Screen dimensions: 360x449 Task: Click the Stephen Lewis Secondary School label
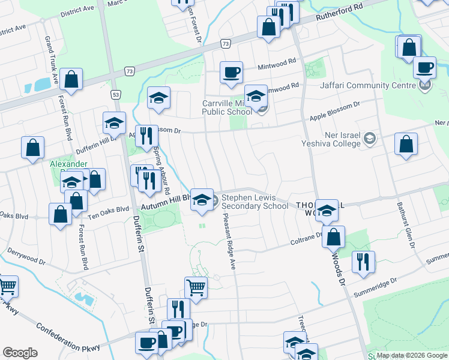click(x=255, y=201)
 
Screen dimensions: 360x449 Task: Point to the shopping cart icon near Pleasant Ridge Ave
click(x=196, y=287)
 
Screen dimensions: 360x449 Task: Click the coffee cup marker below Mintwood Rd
click(x=231, y=73)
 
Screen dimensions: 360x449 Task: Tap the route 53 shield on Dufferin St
click(x=116, y=94)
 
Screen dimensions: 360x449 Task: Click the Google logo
click(x=20, y=353)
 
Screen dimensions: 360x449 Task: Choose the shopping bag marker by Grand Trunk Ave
click(x=71, y=80)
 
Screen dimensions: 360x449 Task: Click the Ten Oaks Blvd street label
click(x=109, y=209)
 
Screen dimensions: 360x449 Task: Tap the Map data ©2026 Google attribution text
click(x=411, y=355)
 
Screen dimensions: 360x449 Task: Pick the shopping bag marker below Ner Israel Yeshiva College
click(x=406, y=145)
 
